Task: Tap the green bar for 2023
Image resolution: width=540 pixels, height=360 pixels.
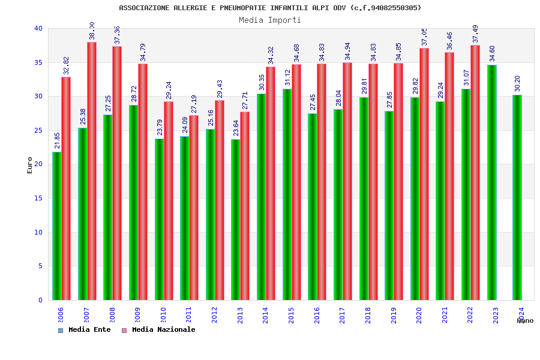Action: (x=491, y=182)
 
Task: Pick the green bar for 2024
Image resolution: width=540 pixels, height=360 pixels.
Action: (x=517, y=197)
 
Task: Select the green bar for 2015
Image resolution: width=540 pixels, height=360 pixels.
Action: (x=287, y=194)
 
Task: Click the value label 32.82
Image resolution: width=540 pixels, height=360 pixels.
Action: (x=67, y=65)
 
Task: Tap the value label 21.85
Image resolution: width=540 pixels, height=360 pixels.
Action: (x=58, y=140)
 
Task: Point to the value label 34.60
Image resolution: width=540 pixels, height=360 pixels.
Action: (x=493, y=53)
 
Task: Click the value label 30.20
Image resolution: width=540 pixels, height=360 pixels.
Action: (x=518, y=83)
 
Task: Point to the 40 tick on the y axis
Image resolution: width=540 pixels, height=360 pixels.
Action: (x=38, y=28)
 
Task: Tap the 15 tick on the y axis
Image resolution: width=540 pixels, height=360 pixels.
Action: (x=38, y=198)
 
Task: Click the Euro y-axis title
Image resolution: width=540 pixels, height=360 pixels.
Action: (x=30, y=165)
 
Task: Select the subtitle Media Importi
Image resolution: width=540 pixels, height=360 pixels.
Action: (x=270, y=20)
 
